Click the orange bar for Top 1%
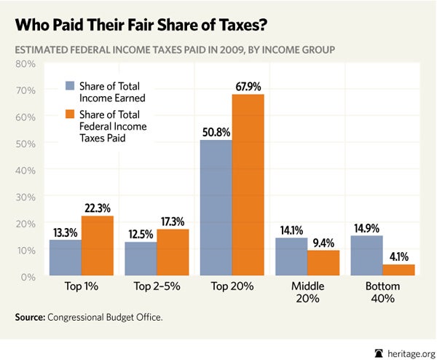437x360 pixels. (x=97, y=246)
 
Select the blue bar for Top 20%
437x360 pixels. (x=216, y=208)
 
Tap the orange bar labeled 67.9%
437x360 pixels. (x=248, y=185)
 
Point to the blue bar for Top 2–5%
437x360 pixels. (x=141, y=259)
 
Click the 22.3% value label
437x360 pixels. (x=97, y=208)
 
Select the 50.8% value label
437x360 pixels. (x=216, y=133)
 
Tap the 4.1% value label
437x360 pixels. (x=399, y=257)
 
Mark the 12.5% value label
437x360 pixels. (x=140, y=234)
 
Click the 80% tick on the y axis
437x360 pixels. (x=26, y=64)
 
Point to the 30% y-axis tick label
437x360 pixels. (x=26, y=197)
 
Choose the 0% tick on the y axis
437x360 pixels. (x=28, y=277)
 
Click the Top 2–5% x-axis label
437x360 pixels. (x=156, y=287)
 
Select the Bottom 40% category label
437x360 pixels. (x=382, y=293)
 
